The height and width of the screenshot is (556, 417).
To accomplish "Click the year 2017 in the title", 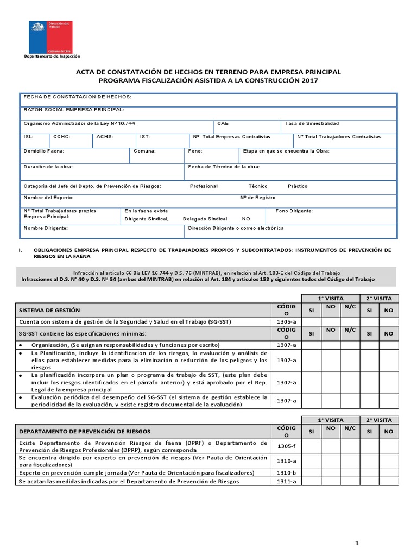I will pos(307,80).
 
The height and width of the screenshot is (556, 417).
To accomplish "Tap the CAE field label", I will pos(223,123).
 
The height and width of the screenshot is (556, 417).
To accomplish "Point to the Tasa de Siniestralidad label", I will pos(312,123).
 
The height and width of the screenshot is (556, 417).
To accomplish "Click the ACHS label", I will pos(105,137).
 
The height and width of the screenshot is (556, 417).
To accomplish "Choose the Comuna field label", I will pos(145,151).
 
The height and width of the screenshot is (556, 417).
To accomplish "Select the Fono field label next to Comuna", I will pos(195,151).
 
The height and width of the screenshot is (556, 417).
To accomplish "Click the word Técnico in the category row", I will pos(258,186).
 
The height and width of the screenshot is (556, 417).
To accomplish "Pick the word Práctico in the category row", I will pos(297,186).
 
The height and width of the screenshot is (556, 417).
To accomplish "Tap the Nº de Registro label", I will pos(257,198).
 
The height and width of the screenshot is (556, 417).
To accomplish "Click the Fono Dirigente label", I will pos(294,210).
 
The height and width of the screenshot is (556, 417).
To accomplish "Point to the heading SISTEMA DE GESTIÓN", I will pos(49,310).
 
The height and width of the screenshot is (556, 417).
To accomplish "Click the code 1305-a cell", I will pos(286,321).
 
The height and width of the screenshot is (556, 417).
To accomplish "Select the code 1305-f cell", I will pos(286,446).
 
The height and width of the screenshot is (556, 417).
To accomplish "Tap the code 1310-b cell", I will pos(286,472).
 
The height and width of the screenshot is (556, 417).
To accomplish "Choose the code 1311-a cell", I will pos(286,482).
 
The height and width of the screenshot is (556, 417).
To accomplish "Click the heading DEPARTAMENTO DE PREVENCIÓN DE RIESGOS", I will pos(85,431).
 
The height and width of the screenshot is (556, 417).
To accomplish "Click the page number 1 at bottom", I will pos(357,543).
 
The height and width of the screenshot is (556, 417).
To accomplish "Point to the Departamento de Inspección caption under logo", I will pos(52,56).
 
